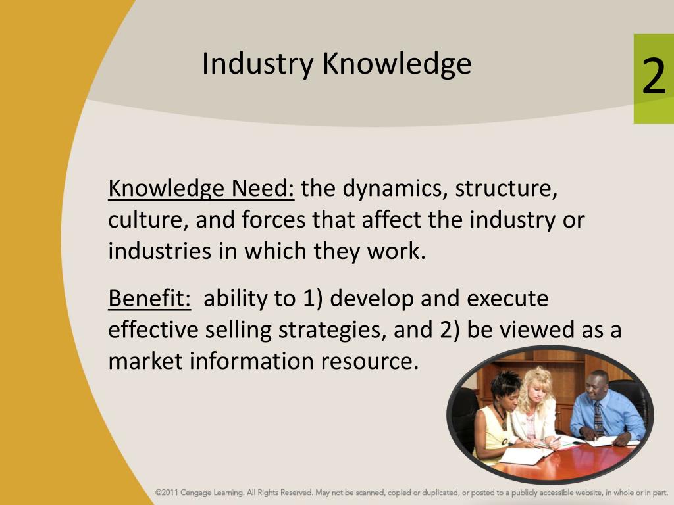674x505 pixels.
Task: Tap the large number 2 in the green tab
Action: click(653, 78)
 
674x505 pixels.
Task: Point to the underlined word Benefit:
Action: click(149, 299)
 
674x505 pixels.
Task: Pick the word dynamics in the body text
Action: click(393, 189)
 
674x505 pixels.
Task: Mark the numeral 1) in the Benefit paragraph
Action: click(312, 299)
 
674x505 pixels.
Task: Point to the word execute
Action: click(507, 299)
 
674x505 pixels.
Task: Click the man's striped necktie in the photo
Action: click(597, 418)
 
